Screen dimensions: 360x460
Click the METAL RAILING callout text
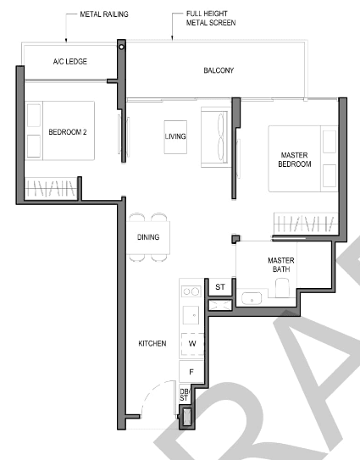tap(104, 14)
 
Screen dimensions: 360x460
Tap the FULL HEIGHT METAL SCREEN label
tap(211, 18)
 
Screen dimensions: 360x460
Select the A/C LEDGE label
tap(70, 62)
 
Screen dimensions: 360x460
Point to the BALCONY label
tap(219, 70)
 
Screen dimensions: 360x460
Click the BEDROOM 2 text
tap(68, 132)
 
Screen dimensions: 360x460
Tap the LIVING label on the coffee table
tap(175, 136)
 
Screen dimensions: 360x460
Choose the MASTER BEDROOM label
tap(295, 159)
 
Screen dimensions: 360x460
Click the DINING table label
tap(148, 237)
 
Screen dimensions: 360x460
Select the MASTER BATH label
tap(281, 264)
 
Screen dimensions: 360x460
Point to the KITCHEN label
tap(152, 343)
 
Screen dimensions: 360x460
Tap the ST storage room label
tap(220, 287)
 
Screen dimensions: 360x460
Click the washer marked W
tap(192, 344)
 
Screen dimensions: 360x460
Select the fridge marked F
tap(191, 372)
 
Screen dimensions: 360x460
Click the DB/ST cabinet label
tap(185, 395)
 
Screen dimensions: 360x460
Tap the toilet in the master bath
tap(282, 287)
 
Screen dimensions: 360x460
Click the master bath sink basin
tap(252, 298)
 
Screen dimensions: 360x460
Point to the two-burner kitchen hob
tap(191, 291)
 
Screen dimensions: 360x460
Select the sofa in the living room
tap(215, 137)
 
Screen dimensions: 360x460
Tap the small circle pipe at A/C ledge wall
tap(121, 47)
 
